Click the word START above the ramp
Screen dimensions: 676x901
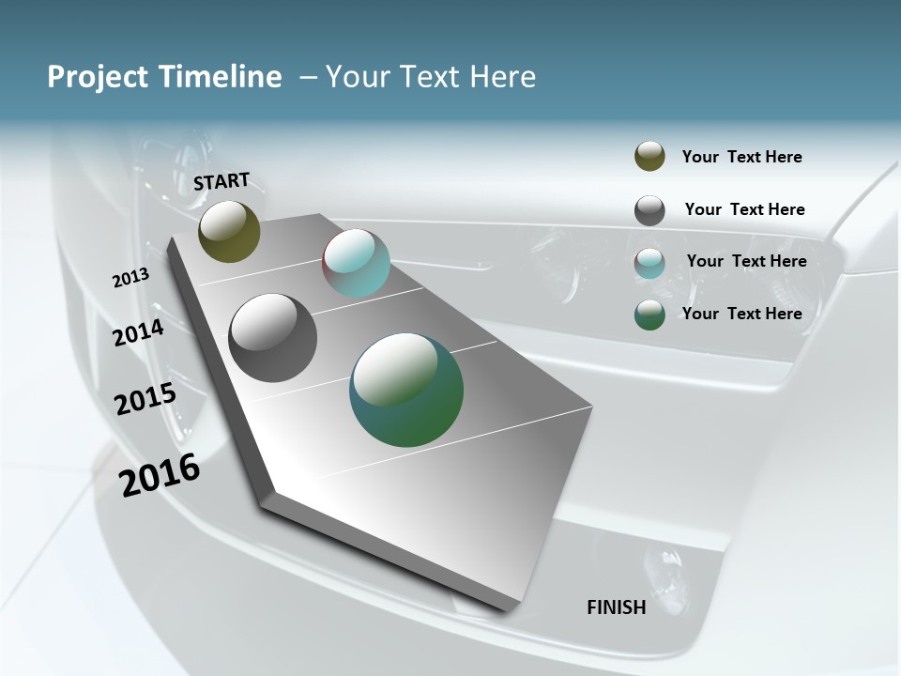[221, 181]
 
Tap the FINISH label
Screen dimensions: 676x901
[617, 607]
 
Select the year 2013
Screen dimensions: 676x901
[131, 278]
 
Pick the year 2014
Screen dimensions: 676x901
[139, 332]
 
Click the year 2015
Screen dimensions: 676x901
[145, 399]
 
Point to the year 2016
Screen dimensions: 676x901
[160, 474]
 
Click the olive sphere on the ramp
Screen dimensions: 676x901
[229, 231]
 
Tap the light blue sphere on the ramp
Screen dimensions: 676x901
[356, 263]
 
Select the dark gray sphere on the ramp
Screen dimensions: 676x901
[272, 338]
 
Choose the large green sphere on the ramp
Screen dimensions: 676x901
[406, 390]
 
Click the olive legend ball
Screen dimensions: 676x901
[649, 157]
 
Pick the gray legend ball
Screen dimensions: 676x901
[649, 210]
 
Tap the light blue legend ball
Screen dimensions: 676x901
[649, 263]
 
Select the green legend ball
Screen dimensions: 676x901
[649, 315]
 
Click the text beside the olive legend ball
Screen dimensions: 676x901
[741, 157]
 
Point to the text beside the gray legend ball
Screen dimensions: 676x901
[744, 209]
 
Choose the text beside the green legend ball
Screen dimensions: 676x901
[741, 314]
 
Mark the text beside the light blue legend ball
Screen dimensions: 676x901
[746, 261]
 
